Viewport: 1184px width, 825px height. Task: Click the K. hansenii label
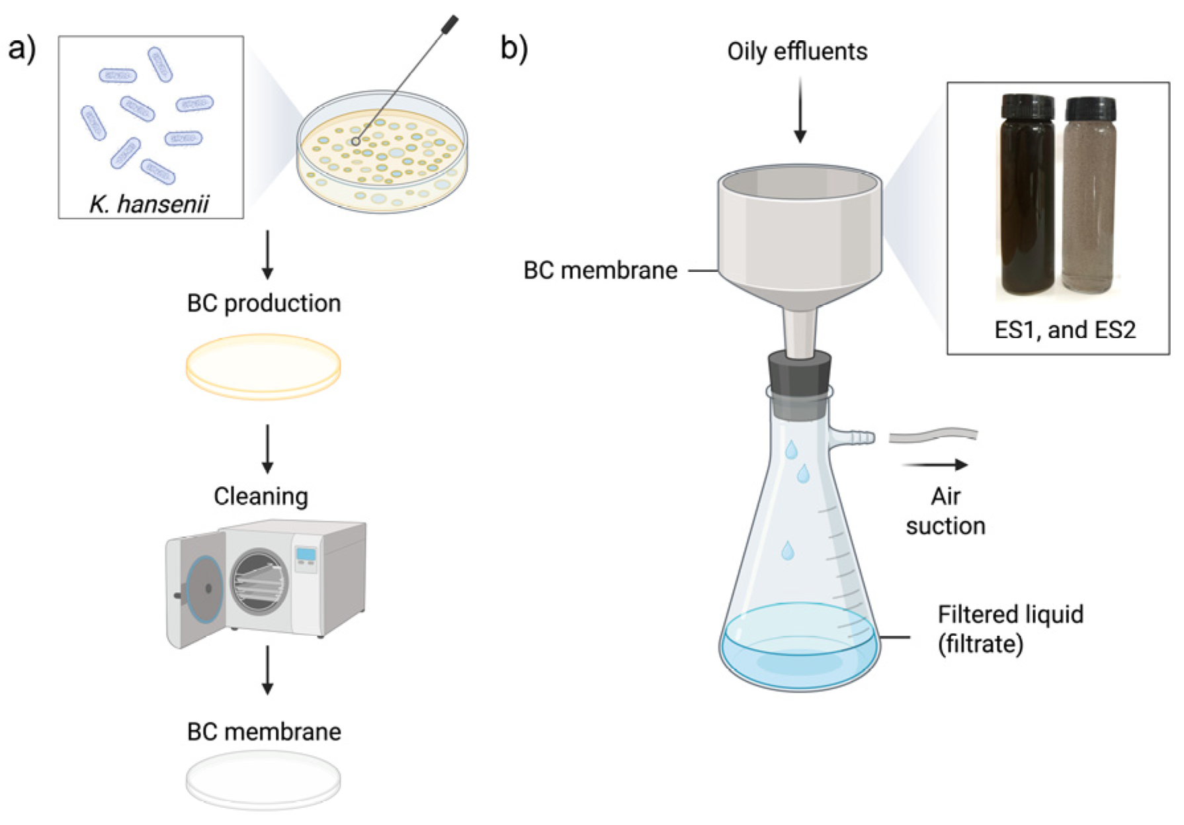[x=149, y=204]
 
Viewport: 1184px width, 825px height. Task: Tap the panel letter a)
[x=22, y=48]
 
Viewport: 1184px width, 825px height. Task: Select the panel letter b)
[x=514, y=48]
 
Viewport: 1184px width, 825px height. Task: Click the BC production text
[x=264, y=303]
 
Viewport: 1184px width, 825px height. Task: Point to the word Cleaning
[x=261, y=496]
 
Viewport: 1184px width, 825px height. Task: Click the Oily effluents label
[x=797, y=52]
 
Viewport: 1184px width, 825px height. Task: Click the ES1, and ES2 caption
[x=1065, y=329]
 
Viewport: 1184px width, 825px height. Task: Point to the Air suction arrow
[x=935, y=465]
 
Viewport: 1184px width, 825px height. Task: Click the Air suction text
[x=945, y=511]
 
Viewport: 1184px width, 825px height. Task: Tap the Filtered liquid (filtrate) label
[x=1010, y=629]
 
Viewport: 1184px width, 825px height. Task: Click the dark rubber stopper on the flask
[x=800, y=374]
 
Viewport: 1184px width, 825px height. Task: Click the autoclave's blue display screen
[x=306, y=554]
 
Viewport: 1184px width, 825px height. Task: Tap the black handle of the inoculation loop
[x=450, y=24]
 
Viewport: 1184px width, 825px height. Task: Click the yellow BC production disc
[x=263, y=366]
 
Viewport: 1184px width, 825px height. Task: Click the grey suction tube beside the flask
[x=933, y=436]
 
